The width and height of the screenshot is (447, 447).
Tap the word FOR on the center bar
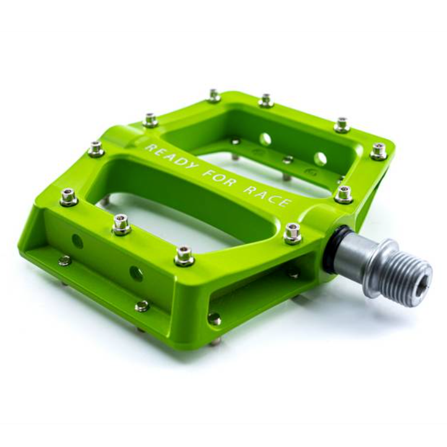[x=221, y=180]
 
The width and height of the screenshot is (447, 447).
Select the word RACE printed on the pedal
[x=267, y=196]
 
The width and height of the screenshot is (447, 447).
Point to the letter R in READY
[x=149, y=148]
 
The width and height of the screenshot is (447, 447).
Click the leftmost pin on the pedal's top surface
[x=69, y=196]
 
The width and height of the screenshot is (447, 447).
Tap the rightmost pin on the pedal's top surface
[x=378, y=150]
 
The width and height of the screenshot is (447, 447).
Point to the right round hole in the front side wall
[x=136, y=274]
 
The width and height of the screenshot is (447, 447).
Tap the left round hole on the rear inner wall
[x=265, y=139]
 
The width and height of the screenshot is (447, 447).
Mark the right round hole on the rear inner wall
[x=320, y=159]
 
